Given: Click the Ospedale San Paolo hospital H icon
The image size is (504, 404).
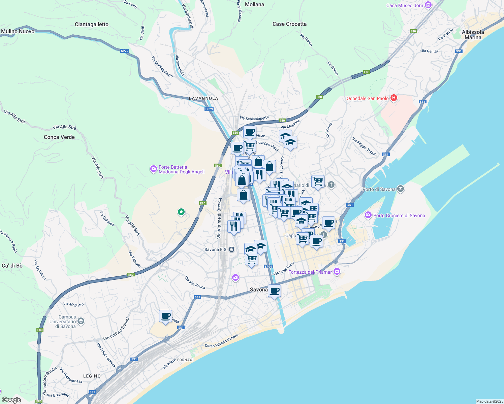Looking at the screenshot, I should tap(393, 98).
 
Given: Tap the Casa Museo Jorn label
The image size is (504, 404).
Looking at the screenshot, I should tap(405, 5).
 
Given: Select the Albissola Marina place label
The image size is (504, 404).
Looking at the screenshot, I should tap(473, 35).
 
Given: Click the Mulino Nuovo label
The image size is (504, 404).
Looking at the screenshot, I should tap(18, 31).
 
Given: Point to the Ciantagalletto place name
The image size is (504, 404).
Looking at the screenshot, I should tap(92, 24).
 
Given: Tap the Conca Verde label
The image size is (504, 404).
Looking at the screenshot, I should tap(59, 137).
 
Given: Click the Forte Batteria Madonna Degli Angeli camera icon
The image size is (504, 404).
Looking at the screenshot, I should tap(154, 169).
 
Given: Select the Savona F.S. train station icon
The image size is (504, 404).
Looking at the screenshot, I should tap(232, 249).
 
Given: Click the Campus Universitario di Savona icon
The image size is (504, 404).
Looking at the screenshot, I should tap(81, 321).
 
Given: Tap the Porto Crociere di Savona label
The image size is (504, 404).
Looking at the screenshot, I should tap(399, 215).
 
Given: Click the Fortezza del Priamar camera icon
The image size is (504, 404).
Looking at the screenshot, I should tap(337, 272).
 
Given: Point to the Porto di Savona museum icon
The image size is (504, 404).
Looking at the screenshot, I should tap(400, 189).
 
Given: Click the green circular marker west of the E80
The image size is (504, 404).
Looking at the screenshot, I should tap(181, 212).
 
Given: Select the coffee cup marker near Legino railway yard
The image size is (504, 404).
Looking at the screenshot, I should tap(165, 316).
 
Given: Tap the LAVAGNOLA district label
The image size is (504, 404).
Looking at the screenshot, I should tap(203, 98).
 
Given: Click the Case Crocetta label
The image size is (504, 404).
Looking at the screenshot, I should tap(289, 24).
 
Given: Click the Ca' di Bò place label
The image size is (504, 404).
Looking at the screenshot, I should tap(12, 266).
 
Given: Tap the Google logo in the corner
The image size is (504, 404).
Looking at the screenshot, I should tap(11, 400).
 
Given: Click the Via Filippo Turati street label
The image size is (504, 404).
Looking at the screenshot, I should tap(364, 146).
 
